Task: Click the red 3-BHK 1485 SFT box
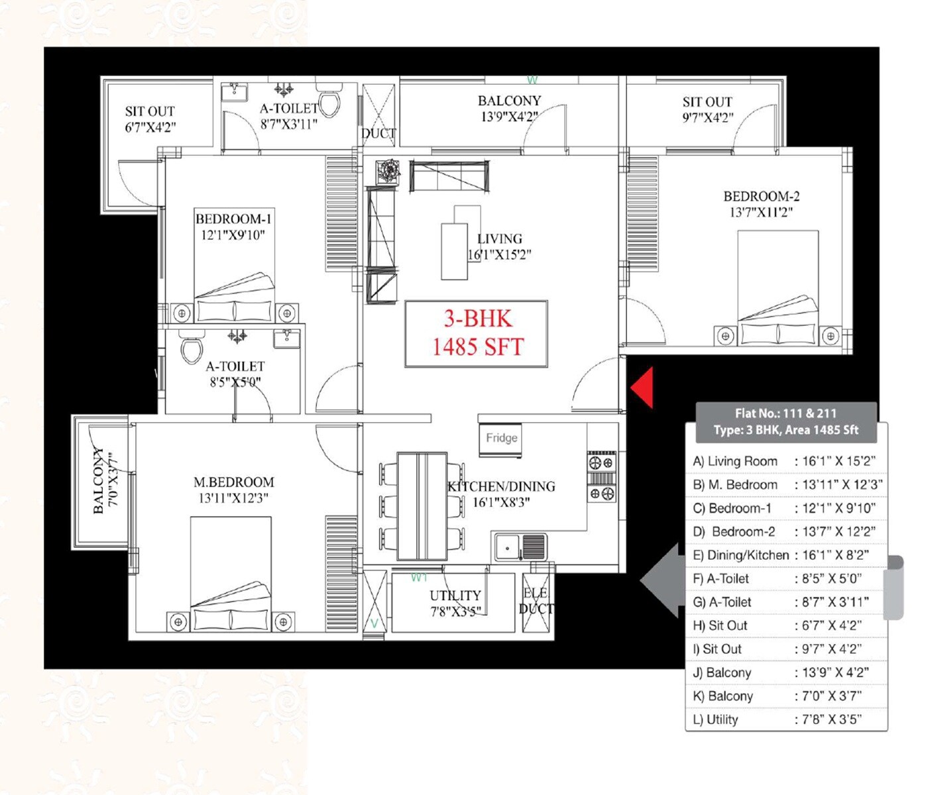(x=477, y=333)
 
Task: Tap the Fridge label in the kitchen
(x=501, y=438)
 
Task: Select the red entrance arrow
(x=642, y=387)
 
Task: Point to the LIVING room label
(x=499, y=239)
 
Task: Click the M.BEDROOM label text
(x=233, y=482)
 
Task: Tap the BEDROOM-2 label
(x=761, y=197)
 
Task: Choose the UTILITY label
(x=455, y=596)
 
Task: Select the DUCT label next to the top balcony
(x=378, y=133)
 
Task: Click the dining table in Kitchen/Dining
(x=422, y=506)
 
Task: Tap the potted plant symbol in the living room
(x=388, y=171)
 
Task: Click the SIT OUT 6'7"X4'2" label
(x=150, y=111)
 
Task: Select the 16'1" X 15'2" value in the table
(x=839, y=461)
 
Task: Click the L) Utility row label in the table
(x=716, y=719)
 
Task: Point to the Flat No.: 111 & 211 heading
(x=785, y=413)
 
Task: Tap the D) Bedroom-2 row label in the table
(x=734, y=531)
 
